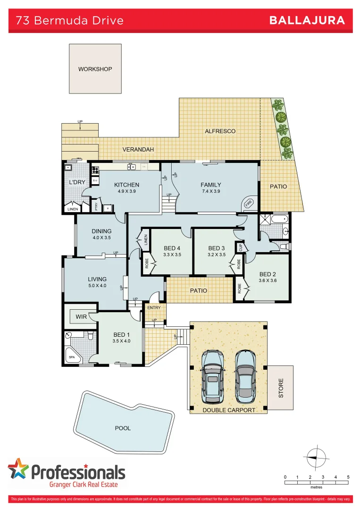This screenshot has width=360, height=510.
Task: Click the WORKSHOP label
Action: (95, 69)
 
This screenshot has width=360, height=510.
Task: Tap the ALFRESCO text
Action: (220, 131)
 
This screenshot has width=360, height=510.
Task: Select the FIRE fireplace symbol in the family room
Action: (249, 204)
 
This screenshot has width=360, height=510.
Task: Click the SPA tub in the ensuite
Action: (72, 357)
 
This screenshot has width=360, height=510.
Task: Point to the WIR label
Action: (81, 316)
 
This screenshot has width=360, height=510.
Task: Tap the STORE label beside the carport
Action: (281, 388)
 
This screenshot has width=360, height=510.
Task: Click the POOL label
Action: (123, 428)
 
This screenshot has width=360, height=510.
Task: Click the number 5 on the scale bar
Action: (348, 477)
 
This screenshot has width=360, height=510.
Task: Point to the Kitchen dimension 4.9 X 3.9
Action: (126, 192)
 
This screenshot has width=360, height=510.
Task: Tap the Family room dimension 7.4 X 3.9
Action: (210, 192)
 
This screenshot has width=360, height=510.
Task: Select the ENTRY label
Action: (154, 308)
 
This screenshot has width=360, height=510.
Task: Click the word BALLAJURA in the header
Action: (307, 20)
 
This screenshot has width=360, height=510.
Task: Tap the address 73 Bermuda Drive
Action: (70, 20)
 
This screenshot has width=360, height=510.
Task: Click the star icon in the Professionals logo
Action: (18, 470)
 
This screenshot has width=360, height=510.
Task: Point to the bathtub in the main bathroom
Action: (279, 219)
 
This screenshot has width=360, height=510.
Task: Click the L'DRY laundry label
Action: (77, 182)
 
